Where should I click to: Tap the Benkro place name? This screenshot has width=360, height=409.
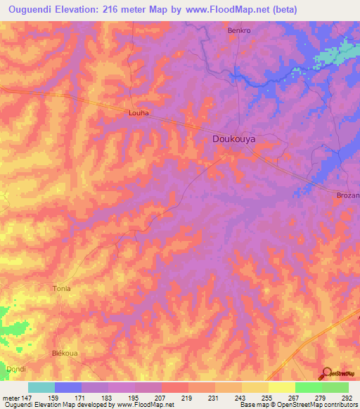point(240,31)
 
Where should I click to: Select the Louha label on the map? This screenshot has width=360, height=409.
point(137,112)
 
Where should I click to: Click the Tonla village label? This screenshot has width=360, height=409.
point(63,289)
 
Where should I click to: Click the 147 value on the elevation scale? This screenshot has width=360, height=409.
point(28,397)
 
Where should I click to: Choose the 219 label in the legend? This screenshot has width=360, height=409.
point(188,397)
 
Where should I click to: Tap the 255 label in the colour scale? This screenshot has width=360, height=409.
point(268,397)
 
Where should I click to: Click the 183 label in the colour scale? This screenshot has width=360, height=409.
point(108,397)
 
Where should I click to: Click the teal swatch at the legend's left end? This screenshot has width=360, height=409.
point(41,387)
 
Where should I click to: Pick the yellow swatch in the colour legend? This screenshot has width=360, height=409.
point(281,387)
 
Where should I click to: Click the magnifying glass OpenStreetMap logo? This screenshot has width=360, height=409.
point(328,374)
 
